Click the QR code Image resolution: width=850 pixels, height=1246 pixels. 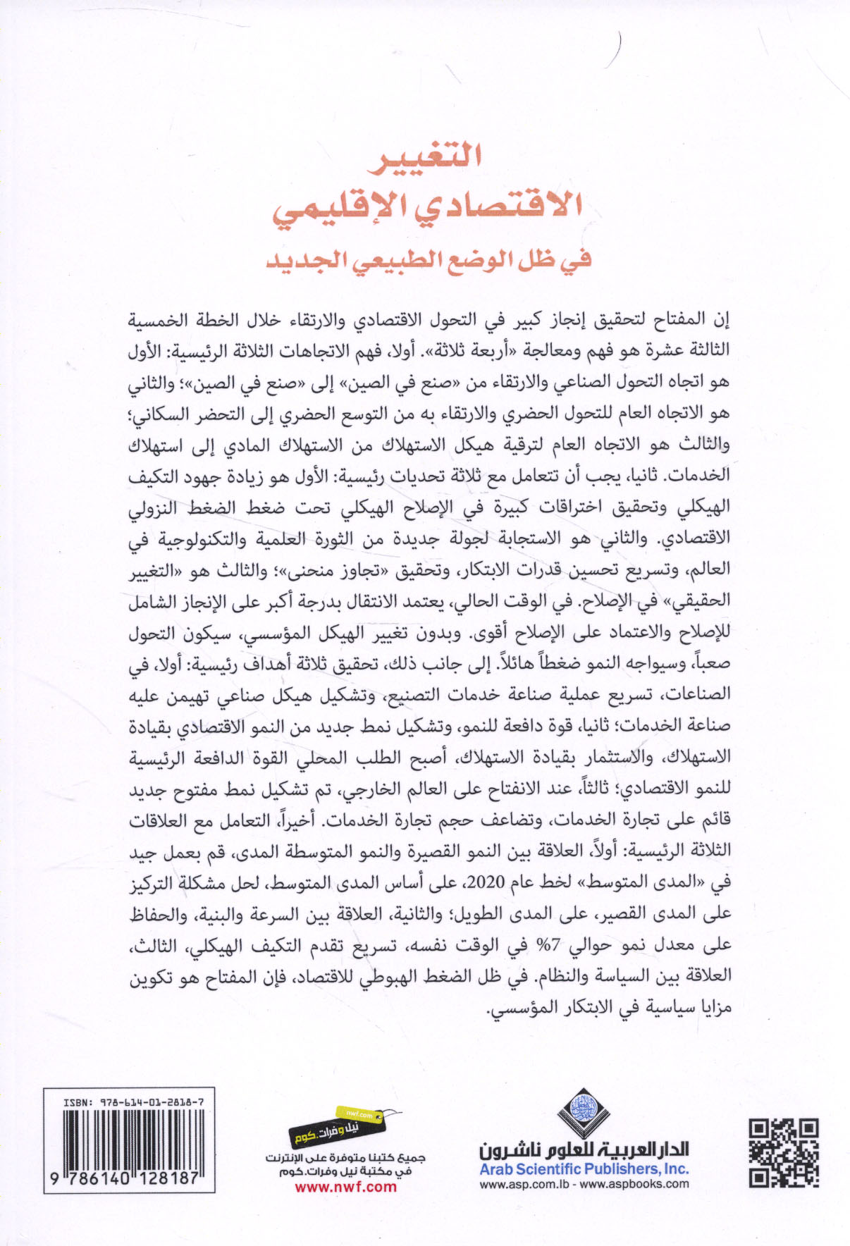click(x=783, y=1153)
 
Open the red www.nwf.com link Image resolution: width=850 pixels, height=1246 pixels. click(x=345, y=1187)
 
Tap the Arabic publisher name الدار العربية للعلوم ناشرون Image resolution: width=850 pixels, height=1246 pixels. click(x=584, y=1151)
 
